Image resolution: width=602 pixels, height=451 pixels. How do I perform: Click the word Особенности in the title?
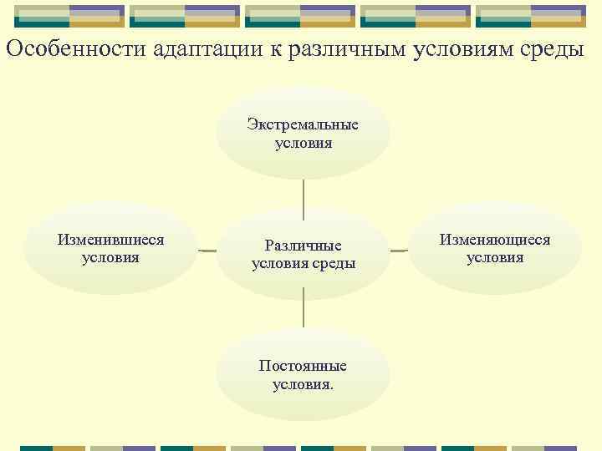coord(76,48)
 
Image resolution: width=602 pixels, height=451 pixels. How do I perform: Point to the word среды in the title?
coord(548,48)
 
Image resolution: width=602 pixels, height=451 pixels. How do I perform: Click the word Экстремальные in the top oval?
coord(303,125)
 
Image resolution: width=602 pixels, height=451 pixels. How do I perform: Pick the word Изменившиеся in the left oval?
coord(110,240)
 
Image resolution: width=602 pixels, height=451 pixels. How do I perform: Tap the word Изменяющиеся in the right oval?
coord(495,240)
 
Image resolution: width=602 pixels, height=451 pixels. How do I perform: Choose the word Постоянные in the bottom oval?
coord(303,367)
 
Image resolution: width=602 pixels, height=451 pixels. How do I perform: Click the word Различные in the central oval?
coord(303,246)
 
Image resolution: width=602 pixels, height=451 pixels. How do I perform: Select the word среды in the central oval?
coord(334,264)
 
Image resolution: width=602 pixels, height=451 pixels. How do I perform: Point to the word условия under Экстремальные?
coord(303,144)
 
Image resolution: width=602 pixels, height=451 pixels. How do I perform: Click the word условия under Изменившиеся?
coord(110,257)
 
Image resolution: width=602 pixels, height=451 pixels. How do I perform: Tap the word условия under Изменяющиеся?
coord(495,257)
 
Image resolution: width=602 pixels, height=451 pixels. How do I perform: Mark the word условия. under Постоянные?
coord(303,385)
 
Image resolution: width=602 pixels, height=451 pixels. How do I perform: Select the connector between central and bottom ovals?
coord(304,313)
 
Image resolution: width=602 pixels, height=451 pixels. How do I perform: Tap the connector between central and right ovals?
coord(399,250)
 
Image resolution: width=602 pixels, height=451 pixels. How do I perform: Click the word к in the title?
coord(273,49)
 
